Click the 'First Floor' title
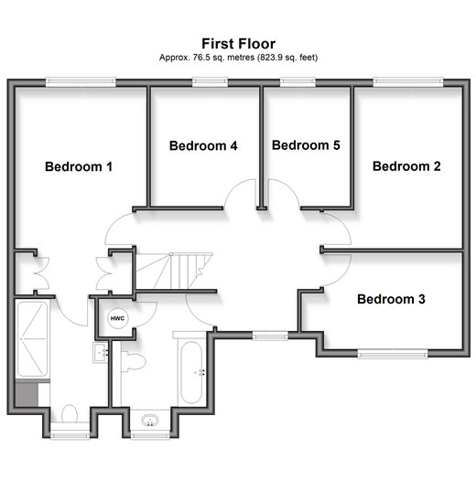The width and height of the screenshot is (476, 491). click(x=238, y=44)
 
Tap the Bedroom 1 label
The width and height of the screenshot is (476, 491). click(x=79, y=166)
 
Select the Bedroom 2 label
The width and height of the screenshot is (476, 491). click(x=406, y=166)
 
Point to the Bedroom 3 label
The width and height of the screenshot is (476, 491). click(x=391, y=299)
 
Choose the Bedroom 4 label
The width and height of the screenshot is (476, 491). click(x=203, y=145)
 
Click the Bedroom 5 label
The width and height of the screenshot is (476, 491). click(x=306, y=145)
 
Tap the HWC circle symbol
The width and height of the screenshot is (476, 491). click(x=117, y=318)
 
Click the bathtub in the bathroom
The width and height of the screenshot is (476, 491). click(x=191, y=372)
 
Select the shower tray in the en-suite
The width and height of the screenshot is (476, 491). click(x=33, y=339)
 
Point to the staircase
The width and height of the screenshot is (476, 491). click(x=174, y=271)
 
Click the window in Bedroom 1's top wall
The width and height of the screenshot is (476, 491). click(x=81, y=82)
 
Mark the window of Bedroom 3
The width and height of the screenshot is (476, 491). click(x=393, y=354)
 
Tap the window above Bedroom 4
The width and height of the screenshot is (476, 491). click(x=210, y=82)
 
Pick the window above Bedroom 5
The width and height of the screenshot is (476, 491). click(x=297, y=82)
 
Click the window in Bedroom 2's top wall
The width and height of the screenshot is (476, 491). click(x=408, y=82)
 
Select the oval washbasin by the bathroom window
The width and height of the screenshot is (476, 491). click(x=150, y=420)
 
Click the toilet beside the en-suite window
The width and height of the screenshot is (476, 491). click(x=70, y=413)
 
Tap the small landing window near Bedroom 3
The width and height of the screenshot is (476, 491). click(x=270, y=336)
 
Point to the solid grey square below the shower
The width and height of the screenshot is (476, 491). click(x=27, y=394)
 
